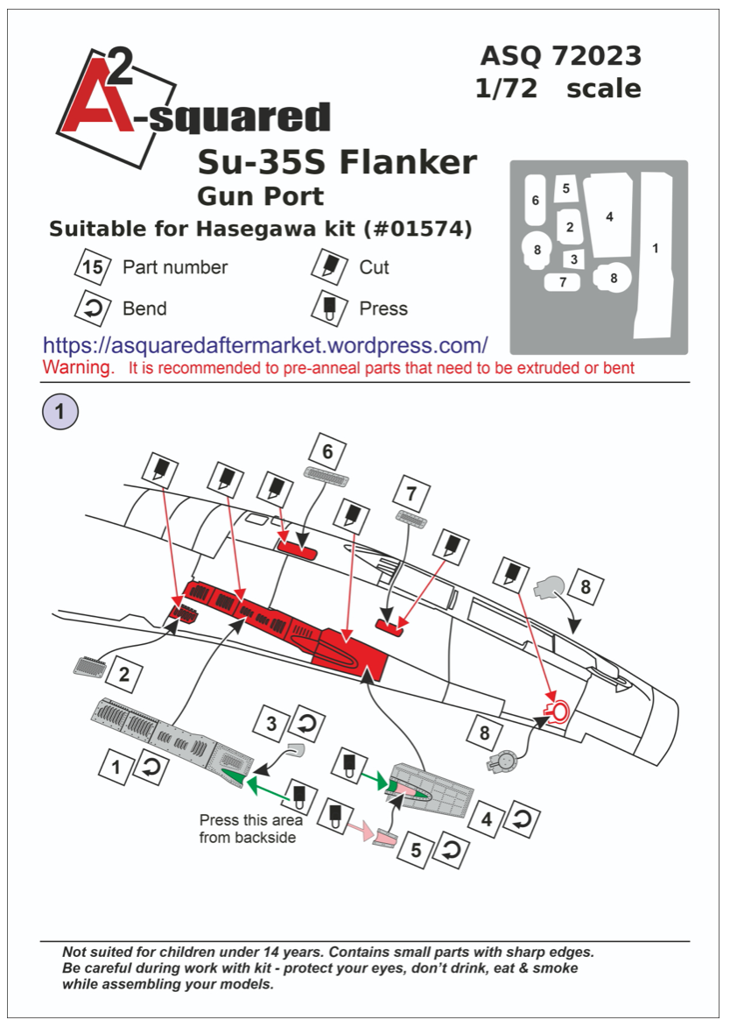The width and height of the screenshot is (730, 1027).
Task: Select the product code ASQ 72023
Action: (x=560, y=56)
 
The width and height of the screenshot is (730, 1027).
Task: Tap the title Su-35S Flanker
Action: (x=337, y=162)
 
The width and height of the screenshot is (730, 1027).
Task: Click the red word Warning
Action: (x=78, y=367)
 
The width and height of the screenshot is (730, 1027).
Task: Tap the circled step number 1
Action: (x=60, y=411)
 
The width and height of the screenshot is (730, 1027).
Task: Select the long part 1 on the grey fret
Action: (x=655, y=254)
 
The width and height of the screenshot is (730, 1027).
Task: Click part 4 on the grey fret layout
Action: (x=609, y=216)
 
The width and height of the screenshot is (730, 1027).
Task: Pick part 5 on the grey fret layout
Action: (x=566, y=188)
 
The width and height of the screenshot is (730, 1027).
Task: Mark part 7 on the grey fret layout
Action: (x=563, y=282)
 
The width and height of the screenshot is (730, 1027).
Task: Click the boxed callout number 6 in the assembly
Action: (x=327, y=452)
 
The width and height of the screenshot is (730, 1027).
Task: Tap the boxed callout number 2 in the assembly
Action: (x=124, y=675)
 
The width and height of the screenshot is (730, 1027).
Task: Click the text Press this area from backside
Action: (x=250, y=829)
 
